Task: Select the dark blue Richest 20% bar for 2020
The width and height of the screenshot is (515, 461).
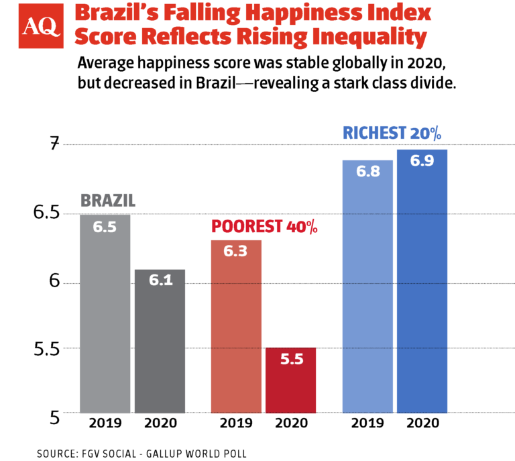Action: coord(422,289)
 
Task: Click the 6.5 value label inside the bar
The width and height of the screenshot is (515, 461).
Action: coord(105,227)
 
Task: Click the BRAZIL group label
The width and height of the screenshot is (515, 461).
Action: coord(108,201)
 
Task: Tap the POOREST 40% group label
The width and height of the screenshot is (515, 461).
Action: coord(264,226)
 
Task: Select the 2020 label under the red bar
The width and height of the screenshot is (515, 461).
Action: coord(290,423)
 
